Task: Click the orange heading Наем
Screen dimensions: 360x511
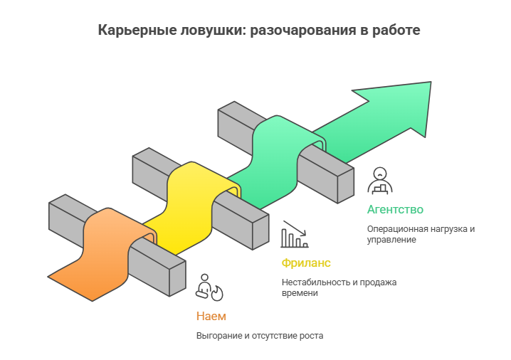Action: click(x=211, y=316)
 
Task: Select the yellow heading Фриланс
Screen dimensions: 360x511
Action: click(x=306, y=263)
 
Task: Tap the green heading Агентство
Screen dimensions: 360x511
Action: click(x=395, y=209)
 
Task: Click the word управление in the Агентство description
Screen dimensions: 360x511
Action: click(x=391, y=240)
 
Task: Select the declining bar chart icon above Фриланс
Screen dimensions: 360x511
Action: click(x=295, y=234)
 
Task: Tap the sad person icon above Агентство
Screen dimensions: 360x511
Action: click(x=379, y=180)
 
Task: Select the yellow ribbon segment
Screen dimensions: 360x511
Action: click(x=192, y=206)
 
